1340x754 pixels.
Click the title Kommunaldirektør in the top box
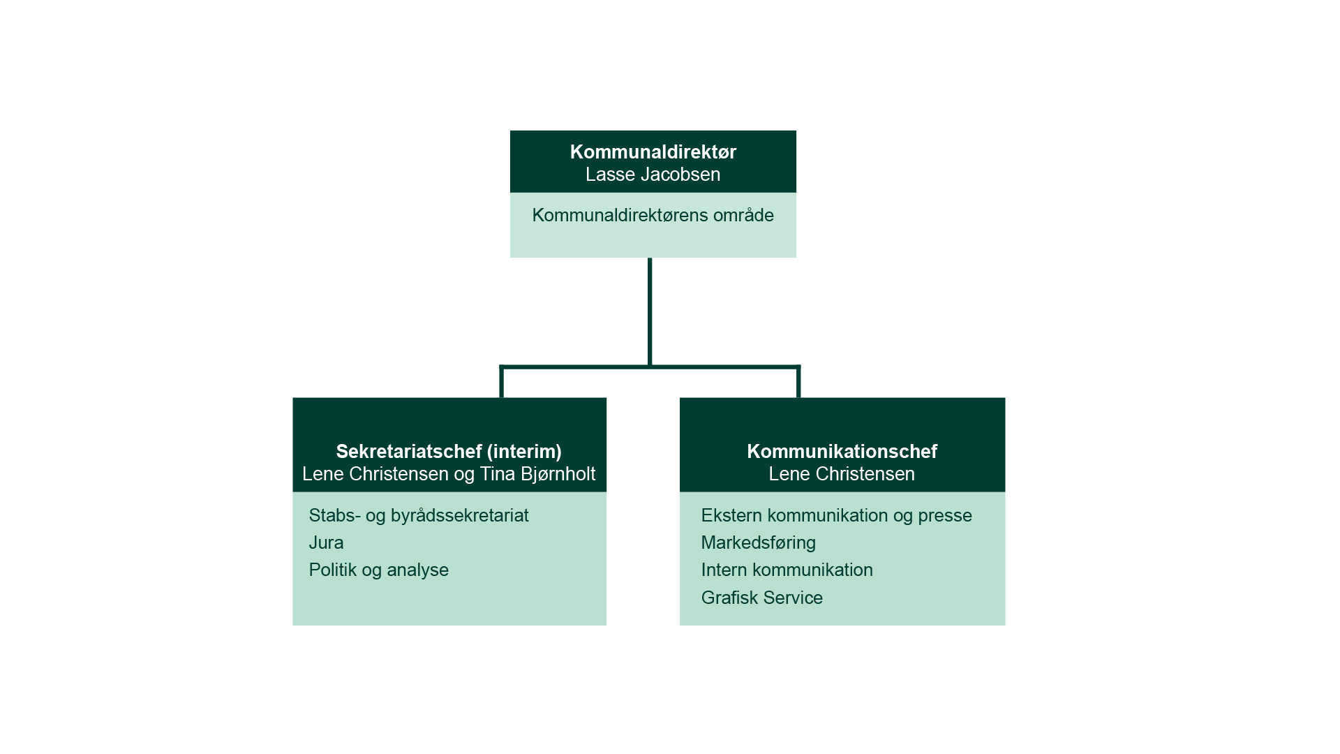[x=653, y=152]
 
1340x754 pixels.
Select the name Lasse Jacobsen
[x=653, y=175]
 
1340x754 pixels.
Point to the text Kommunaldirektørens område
[x=653, y=215]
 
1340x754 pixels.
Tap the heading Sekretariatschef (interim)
[x=449, y=452]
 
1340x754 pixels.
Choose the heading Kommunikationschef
[x=842, y=452]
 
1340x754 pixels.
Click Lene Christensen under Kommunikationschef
[x=842, y=474]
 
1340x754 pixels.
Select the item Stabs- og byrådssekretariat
[x=419, y=515]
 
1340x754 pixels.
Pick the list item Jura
[x=326, y=542]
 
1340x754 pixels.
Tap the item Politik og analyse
[x=378, y=570]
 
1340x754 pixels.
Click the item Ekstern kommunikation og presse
[x=836, y=515]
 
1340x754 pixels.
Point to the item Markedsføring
[x=758, y=542]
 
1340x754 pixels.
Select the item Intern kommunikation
[x=787, y=570]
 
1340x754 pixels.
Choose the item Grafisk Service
[x=761, y=598]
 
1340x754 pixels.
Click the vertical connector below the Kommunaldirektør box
[x=650, y=311]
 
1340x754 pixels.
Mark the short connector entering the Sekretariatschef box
[x=502, y=383]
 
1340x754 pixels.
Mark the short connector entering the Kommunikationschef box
[x=798, y=383]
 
